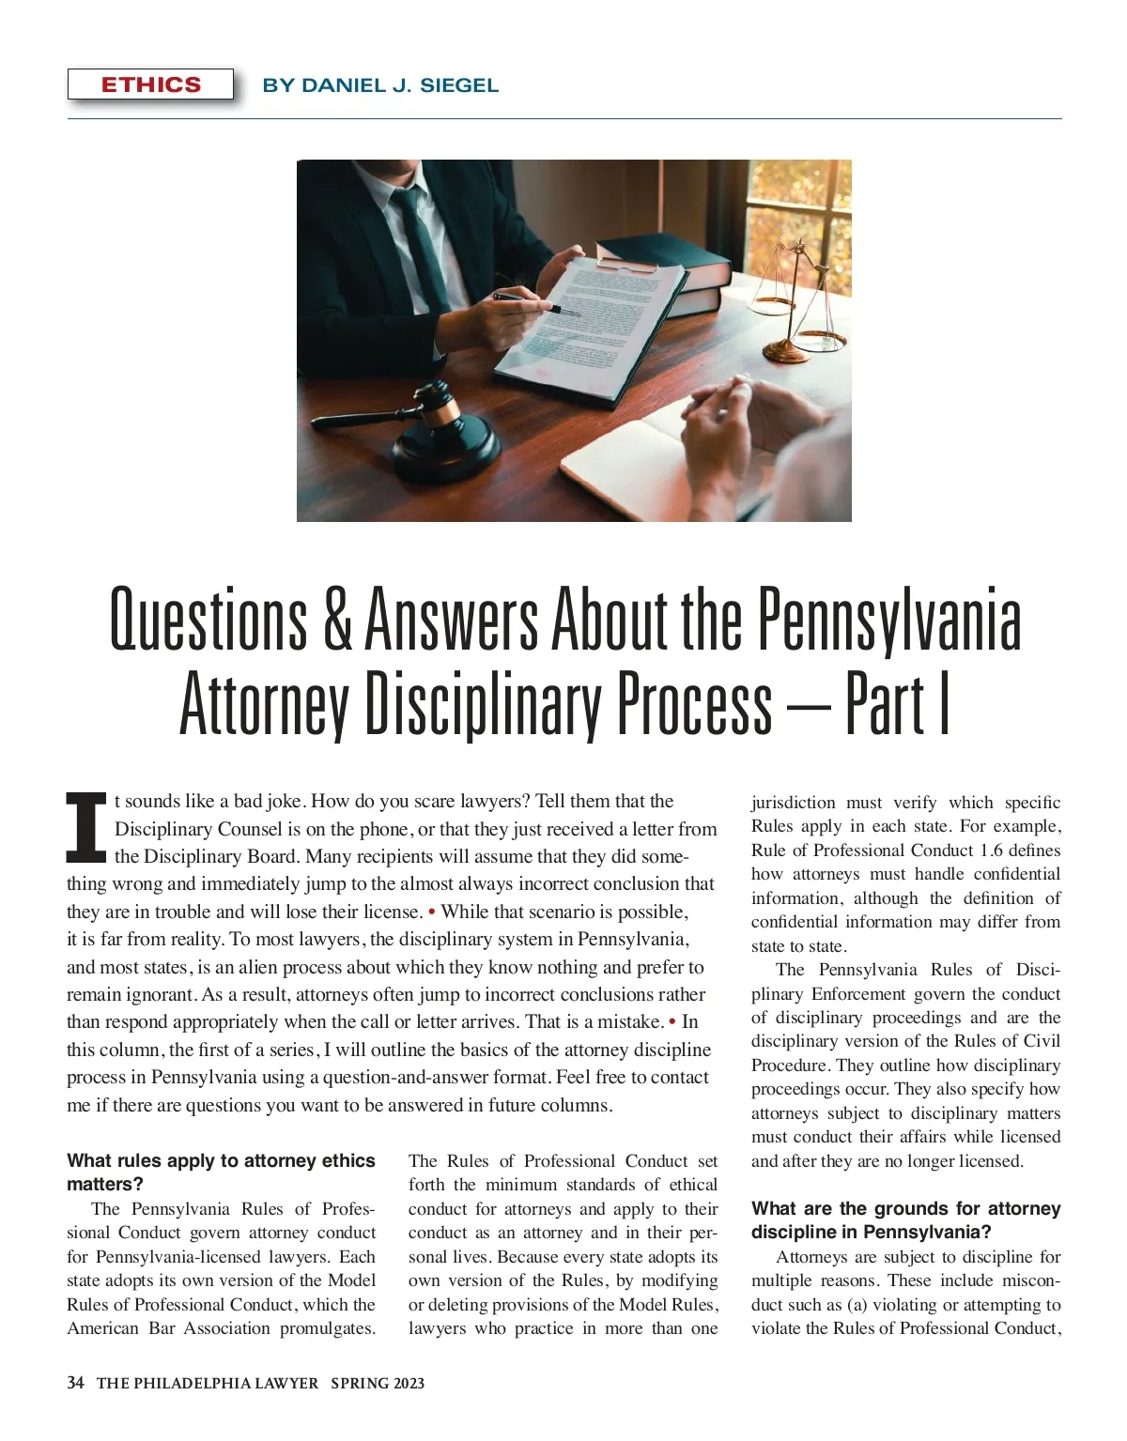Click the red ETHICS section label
[150, 84]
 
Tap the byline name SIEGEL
[459, 85]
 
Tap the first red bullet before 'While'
[431, 912]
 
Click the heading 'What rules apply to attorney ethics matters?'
[221, 1173]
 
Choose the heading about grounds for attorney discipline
[905, 1219]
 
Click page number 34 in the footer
[76, 1383]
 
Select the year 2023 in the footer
[409, 1383]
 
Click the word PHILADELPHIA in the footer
[193, 1383]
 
